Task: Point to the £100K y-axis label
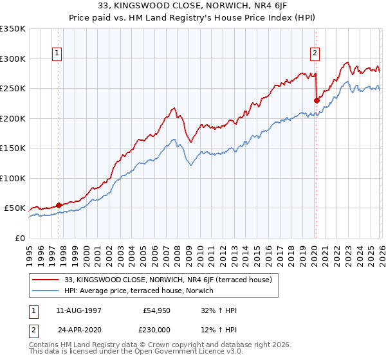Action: click(x=13, y=178)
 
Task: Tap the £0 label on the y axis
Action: click(x=19, y=238)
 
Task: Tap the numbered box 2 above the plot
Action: click(x=316, y=53)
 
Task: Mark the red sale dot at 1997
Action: click(x=59, y=205)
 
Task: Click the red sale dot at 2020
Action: click(x=316, y=100)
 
